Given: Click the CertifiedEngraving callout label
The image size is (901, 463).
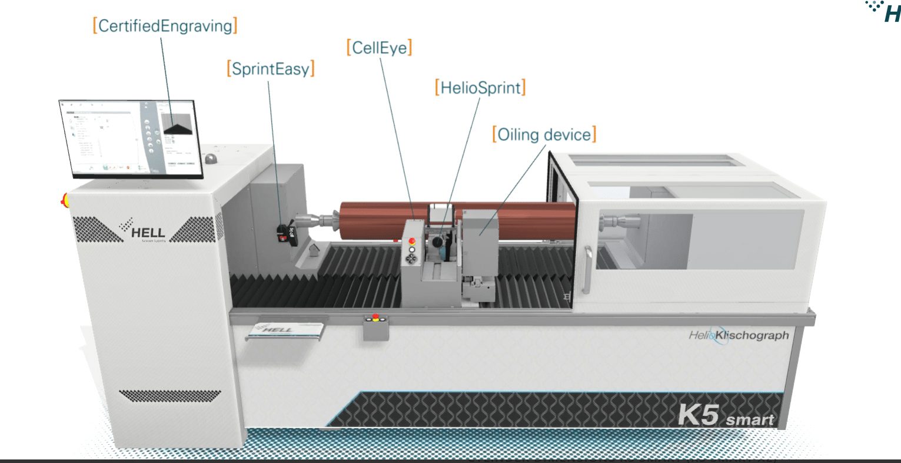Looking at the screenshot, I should (165, 26).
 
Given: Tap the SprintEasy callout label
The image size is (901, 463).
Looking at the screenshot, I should (271, 69).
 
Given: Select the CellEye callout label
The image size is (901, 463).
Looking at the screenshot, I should (380, 48).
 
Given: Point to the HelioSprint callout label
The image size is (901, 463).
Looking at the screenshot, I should (480, 88).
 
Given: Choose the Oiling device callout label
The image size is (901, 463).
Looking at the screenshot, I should (544, 135).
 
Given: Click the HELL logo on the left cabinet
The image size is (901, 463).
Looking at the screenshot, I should (144, 231).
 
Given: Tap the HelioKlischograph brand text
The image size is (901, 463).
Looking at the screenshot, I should (739, 336).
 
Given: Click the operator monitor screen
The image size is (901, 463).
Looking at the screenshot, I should (131, 139).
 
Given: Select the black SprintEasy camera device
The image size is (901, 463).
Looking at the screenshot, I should (287, 233).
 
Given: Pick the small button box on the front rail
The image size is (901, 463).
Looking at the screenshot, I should (376, 327).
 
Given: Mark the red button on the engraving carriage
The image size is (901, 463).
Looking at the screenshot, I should (412, 241).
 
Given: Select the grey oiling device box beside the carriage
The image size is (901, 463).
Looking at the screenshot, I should (481, 230).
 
